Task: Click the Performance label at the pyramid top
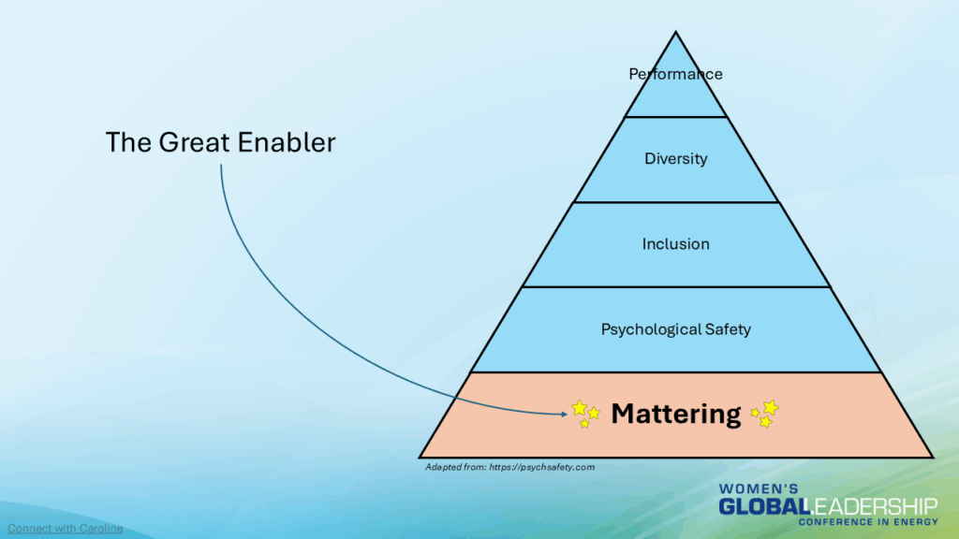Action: click(x=675, y=74)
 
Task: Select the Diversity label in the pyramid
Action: click(x=675, y=159)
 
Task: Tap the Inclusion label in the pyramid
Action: click(x=675, y=244)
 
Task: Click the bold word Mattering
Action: click(x=675, y=413)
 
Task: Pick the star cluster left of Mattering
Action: click(x=585, y=413)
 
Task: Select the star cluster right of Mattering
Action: click(x=765, y=414)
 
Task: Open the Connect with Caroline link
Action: click(x=66, y=529)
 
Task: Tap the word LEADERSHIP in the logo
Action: click(x=873, y=506)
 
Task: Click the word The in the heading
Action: click(x=123, y=143)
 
